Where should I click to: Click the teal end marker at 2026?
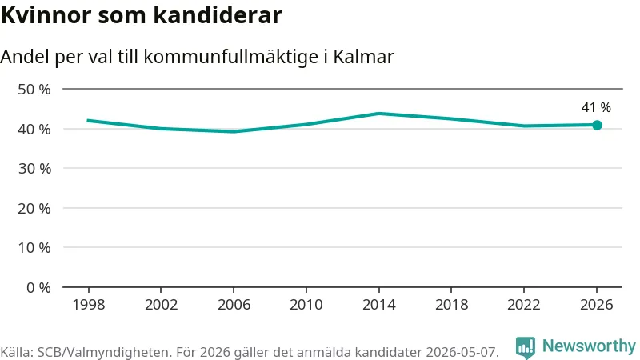pos(597,126)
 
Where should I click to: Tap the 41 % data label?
pos(596,107)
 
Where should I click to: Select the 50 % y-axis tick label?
pos(34,90)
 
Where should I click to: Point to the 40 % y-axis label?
pos(34,130)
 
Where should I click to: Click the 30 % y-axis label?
pos(34,169)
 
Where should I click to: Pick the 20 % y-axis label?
pos(34,209)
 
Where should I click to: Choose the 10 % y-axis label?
pos(34,248)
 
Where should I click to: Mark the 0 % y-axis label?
pos(38,288)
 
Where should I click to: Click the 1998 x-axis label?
pos(89,305)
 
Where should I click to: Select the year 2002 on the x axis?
pos(162,305)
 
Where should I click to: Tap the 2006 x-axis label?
pos(234,305)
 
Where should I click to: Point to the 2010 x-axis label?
pos(306,305)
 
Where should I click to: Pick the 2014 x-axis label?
pos(378,305)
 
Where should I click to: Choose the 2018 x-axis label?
pos(451,305)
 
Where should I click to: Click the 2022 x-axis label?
pos(524,305)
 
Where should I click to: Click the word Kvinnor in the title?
pos(46,15)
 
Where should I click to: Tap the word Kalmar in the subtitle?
pos(364,56)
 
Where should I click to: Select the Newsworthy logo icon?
pos(526,348)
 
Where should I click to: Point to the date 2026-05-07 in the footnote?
pos(462,352)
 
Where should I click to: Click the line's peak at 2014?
pos(379,113)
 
